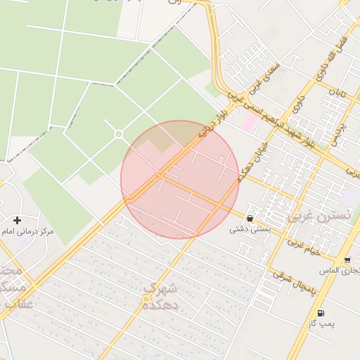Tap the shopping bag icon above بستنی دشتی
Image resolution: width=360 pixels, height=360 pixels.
250,217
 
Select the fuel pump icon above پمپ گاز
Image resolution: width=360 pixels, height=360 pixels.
321,313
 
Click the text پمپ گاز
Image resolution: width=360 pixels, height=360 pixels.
321,324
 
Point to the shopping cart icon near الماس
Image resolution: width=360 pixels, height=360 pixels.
347,259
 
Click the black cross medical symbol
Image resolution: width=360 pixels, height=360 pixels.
17,220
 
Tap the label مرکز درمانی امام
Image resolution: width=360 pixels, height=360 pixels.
28,231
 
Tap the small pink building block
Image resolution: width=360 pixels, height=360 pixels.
250,122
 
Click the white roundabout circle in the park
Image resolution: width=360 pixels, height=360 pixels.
119,134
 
